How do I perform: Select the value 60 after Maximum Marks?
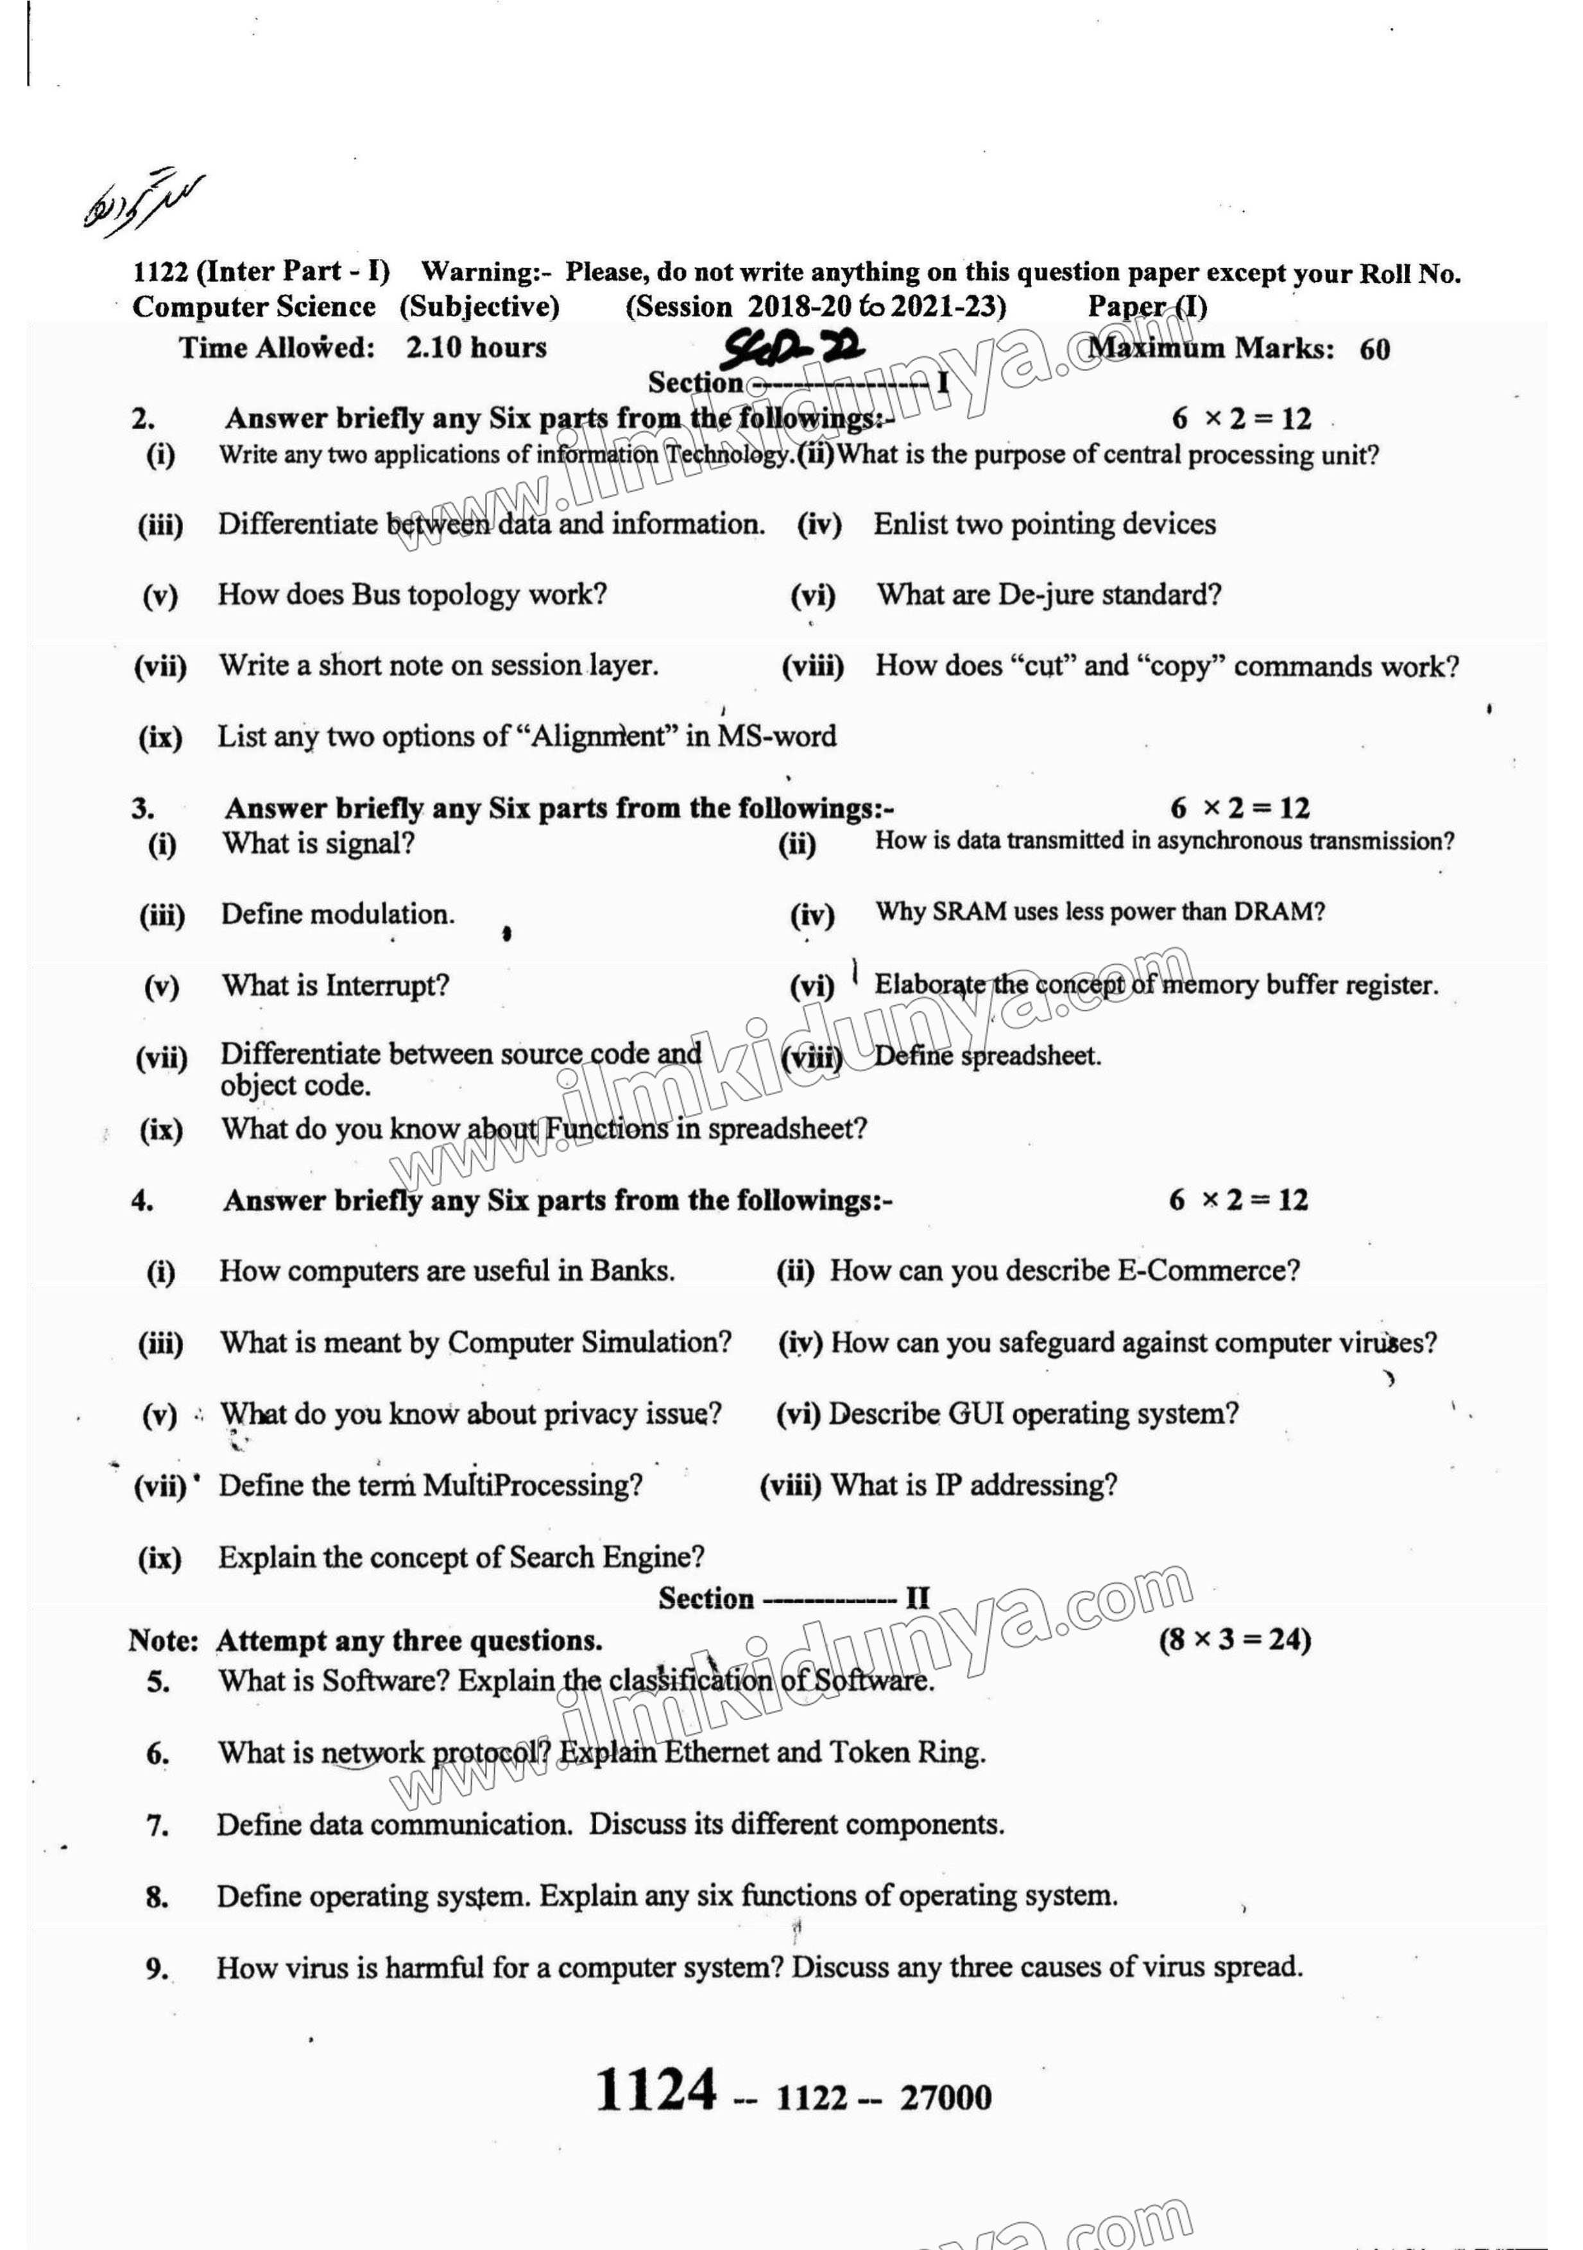pyautogui.click(x=1374, y=350)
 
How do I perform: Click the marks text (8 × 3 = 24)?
pyautogui.click(x=1234, y=1639)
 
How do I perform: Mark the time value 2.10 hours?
pyautogui.click(x=476, y=347)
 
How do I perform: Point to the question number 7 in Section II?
pyautogui.click(x=157, y=1826)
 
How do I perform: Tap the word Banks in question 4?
pyautogui.click(x=631, y=1270)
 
